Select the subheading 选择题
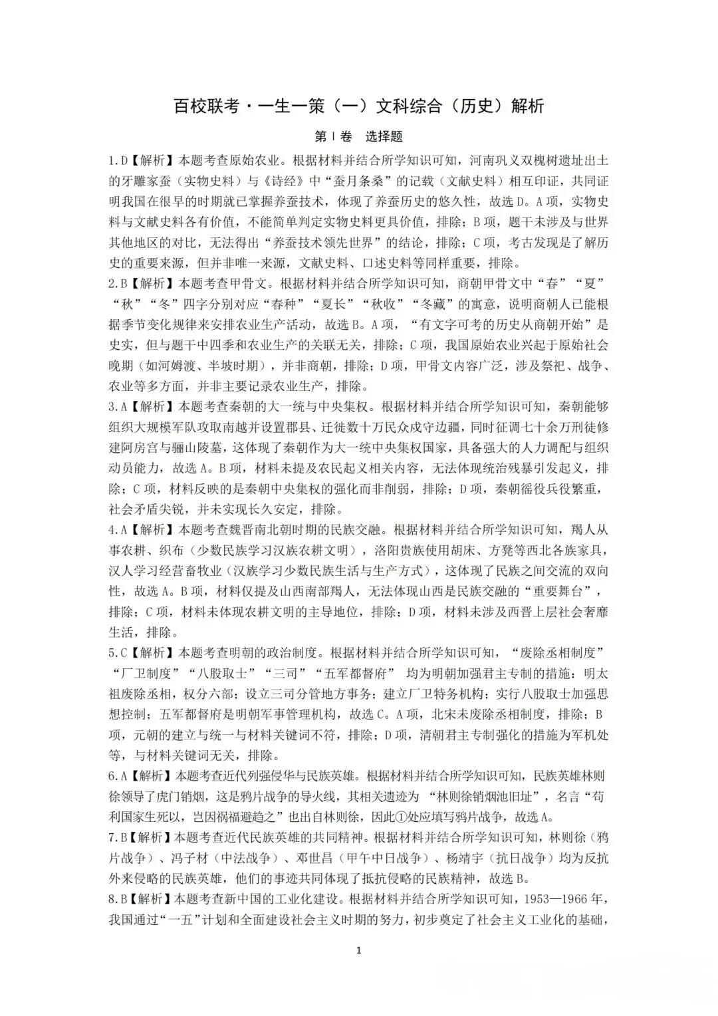[384, 137]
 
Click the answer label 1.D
[118, 161]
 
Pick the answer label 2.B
[118, 284]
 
